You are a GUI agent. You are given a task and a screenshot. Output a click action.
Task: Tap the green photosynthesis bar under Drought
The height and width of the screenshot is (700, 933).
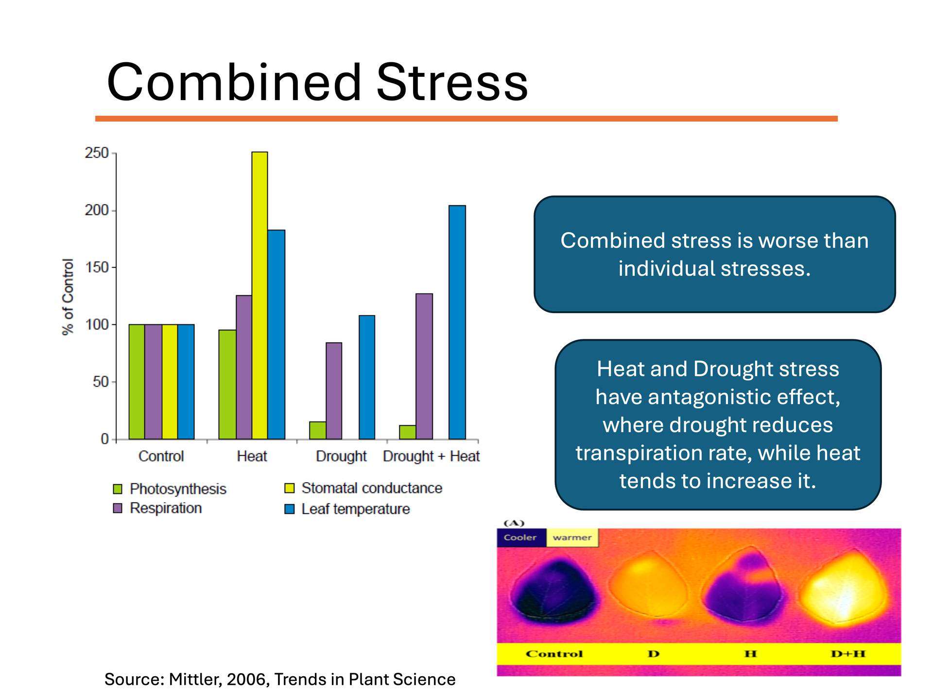coord(317,430)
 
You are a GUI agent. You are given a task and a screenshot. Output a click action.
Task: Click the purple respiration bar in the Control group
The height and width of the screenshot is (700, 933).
coord(153,382)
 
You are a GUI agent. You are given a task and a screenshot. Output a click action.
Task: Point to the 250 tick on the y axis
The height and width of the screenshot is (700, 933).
coord(97,153)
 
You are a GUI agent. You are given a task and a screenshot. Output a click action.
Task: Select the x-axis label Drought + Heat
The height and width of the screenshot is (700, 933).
coord(431,456)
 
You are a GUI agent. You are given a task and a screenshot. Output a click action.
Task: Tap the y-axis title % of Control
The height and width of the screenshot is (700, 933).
coord(68,297)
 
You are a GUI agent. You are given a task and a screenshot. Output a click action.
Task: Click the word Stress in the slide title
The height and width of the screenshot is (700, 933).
coord(452,83)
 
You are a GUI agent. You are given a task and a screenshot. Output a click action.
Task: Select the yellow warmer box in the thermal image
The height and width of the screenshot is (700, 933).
coord(572,538)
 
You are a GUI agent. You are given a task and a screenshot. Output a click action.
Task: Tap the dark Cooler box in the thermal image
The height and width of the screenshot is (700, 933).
coord(520,538)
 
